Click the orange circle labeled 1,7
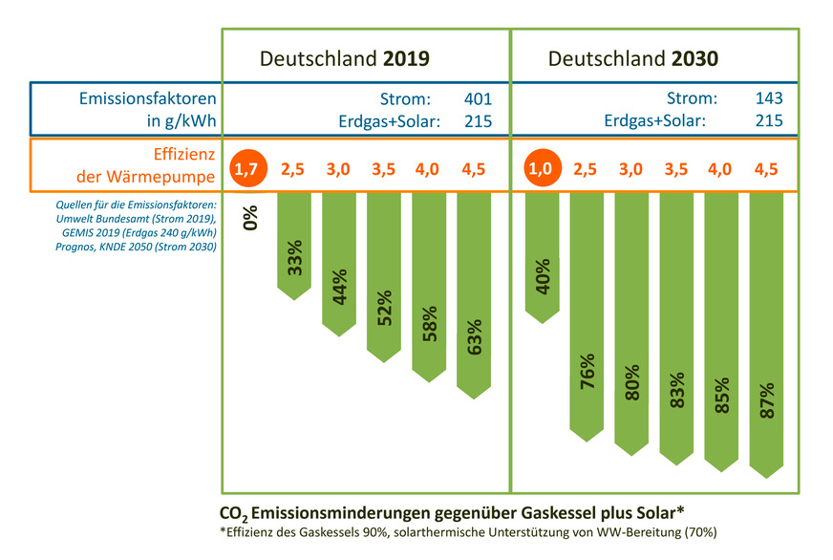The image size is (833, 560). point(246,169)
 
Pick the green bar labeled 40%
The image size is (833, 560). point(542,253)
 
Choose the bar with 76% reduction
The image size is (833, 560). point(587,315)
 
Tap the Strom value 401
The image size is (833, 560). point(477,98)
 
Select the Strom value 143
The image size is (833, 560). point(768,98)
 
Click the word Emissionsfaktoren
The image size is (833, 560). point(146,98)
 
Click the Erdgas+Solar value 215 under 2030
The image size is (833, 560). point(768,120)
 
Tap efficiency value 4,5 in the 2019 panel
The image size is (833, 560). point(474,169)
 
